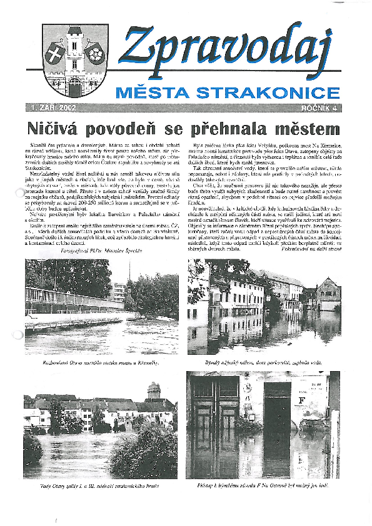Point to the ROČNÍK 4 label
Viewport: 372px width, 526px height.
[319, 108]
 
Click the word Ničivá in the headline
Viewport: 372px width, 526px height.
[53, 129]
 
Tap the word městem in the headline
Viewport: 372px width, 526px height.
[309, 129]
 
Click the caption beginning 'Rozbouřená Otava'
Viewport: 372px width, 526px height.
[101, 362]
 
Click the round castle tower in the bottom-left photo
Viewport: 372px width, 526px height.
[153, 392]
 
